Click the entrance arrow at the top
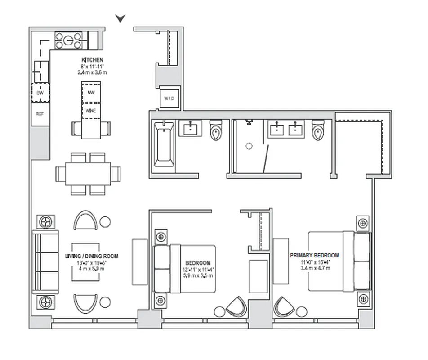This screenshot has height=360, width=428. click(x=120, y=18)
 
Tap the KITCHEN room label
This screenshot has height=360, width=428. click(x=92, y=60)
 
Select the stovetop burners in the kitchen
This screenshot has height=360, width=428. click(x=69, y=40)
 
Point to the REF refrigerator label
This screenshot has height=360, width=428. click(x=40, y=114)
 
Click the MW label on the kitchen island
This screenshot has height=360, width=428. click(x=91, y=93)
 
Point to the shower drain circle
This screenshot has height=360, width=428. click(x=249, y=146)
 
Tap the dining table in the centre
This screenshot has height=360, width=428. click(x=88, y=173)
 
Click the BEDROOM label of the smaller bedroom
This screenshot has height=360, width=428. click(x=198, y=263)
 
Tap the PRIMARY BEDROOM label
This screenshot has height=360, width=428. click(x=315, y=255)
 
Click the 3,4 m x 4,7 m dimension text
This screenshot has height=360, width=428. click(x=315, y=268)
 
